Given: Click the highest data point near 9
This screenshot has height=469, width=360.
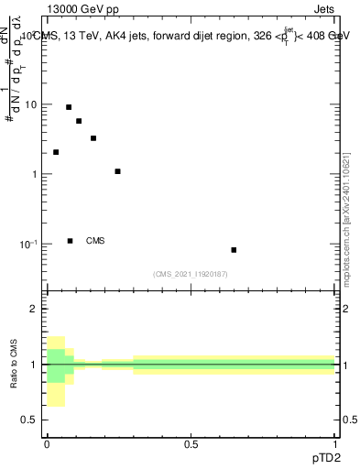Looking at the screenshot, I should pos(69,107).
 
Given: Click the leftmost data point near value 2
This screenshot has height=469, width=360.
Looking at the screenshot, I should pos(56,152).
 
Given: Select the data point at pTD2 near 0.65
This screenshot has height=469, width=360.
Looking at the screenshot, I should pos(234,250).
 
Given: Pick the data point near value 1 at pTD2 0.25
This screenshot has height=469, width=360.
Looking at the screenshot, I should pos(117,171).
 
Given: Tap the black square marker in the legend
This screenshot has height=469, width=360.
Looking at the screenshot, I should pos(71,241).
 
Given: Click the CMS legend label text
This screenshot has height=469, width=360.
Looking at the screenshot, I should pos(95,241).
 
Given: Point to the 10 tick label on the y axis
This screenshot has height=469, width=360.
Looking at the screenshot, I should pos(30,104).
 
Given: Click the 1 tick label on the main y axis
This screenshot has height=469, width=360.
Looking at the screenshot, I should pos(34,174).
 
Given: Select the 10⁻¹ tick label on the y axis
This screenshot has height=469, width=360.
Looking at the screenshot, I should pos(28,244).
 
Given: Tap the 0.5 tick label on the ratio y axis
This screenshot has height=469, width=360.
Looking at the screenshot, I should pos(29,420).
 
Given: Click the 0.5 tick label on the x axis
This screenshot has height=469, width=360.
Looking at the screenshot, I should pos(191,443).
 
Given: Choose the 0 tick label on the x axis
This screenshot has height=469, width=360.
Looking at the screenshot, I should pos(46,443).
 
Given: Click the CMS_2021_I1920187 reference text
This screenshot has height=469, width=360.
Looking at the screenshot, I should pos(191,274).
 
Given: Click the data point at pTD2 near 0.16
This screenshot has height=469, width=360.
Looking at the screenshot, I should pos(93,138).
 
